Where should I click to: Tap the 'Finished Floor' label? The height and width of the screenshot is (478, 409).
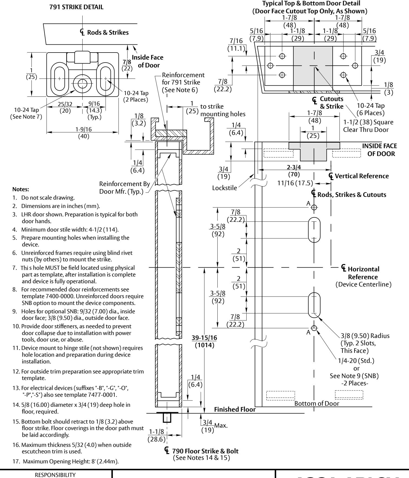(x=235, y=409)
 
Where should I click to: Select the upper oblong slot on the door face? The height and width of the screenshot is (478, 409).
(x=314, y=230)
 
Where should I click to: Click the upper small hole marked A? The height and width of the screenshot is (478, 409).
(x=314, y=207)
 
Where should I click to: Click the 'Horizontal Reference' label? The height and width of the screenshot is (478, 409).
(x=364, y=273)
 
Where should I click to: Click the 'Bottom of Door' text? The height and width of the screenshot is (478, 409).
(x=317, y=404)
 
